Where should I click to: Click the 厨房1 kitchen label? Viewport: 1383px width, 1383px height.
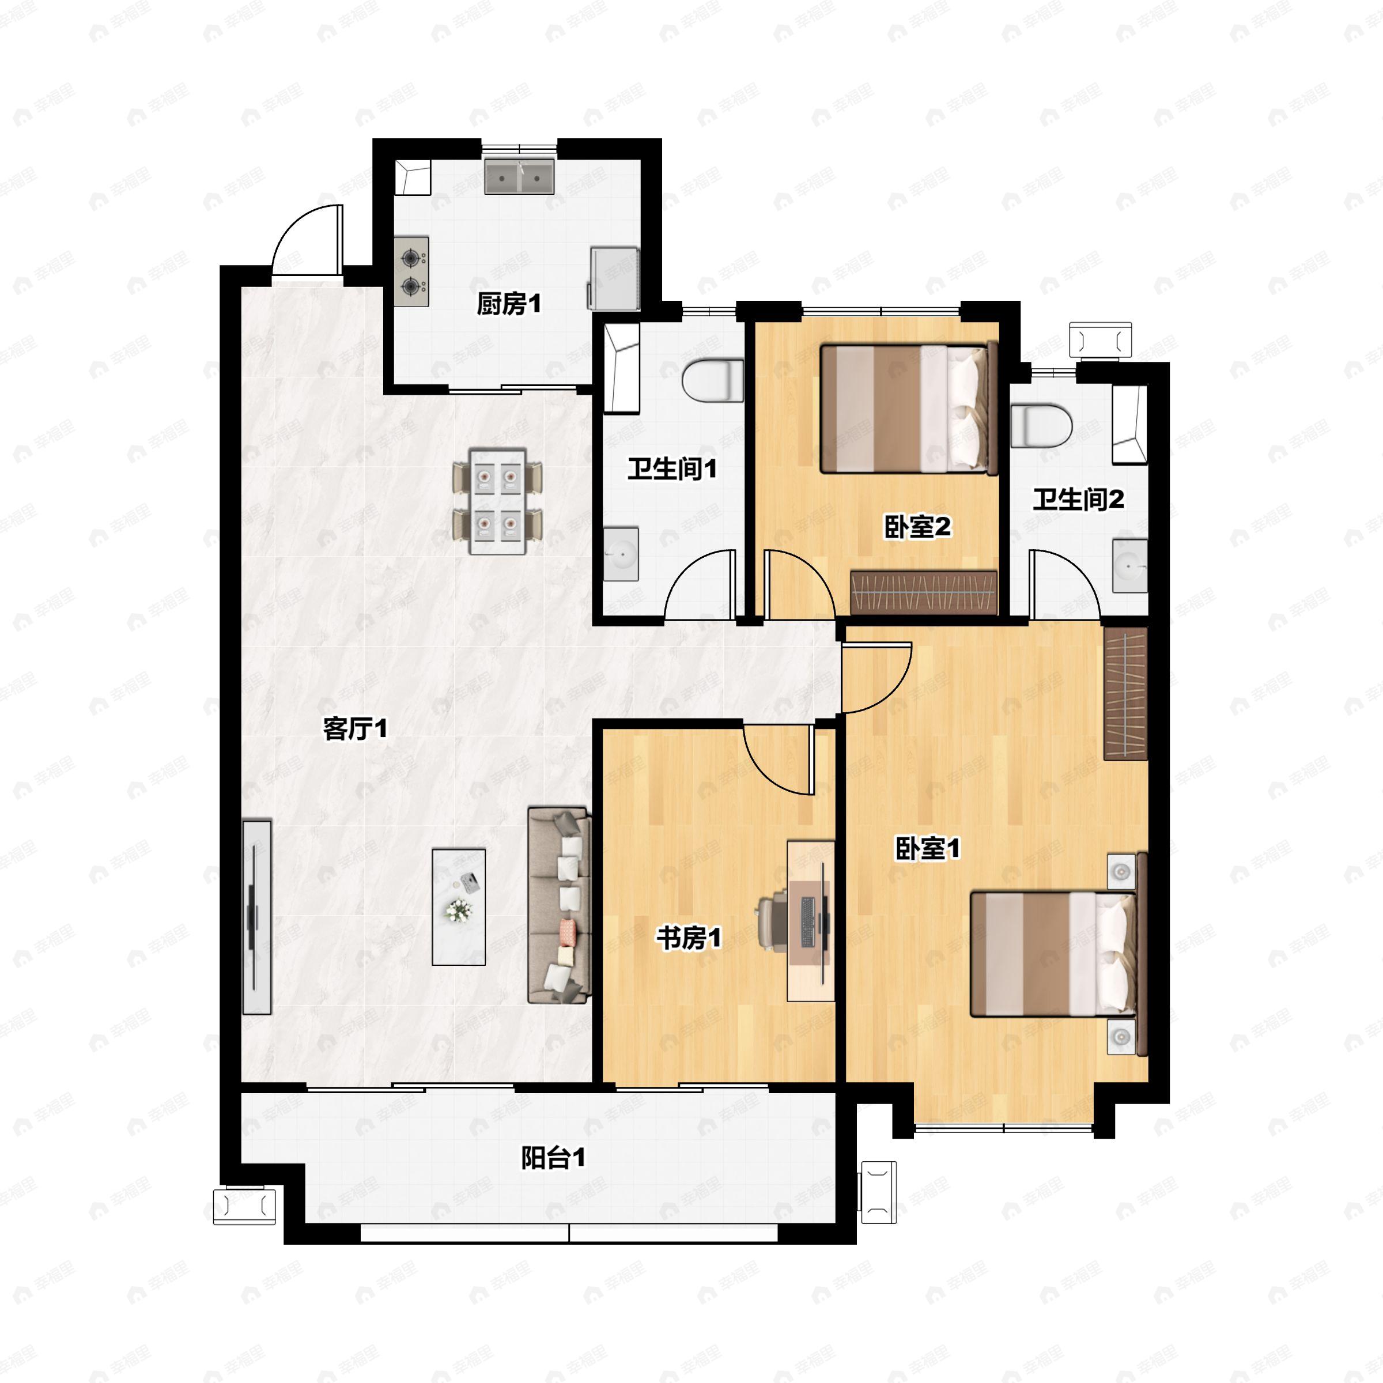coord(509,305)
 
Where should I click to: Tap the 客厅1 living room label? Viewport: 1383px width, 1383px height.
coord(355,730)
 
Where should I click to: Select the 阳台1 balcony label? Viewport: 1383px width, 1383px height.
coord(553,1158)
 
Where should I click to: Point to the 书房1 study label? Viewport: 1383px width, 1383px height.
coord(689,938)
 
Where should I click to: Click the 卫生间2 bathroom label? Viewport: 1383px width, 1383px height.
coord(1078,500)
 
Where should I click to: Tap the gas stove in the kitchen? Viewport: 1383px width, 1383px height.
coord(411,272)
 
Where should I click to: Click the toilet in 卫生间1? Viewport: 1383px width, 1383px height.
coord(712,381)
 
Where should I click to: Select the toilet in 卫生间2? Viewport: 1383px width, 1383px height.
coord(1041,426)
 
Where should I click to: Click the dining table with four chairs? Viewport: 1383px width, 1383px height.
coord(497,501)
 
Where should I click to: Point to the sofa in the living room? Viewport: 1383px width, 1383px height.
coord(559,905)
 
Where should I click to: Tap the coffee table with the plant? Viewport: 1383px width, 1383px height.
coord(459,907)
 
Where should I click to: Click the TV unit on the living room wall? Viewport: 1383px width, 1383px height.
coord(257,917)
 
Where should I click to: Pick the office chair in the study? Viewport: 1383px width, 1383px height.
coord(771,923)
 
